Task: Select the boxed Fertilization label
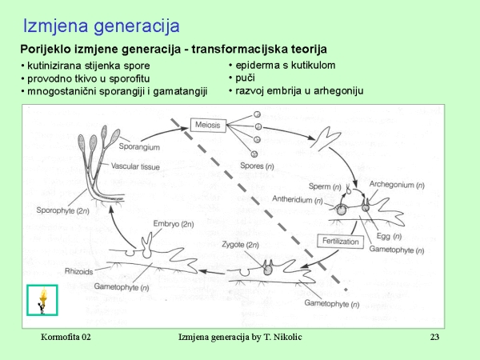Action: point(341,241)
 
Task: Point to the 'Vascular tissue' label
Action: point(136,167)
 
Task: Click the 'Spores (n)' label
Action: point(261,166)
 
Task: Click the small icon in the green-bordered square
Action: point(42,299)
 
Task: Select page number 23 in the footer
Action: point(435,337)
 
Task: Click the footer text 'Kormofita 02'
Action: point(66,337)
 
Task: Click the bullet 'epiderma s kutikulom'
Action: point(285,65)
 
